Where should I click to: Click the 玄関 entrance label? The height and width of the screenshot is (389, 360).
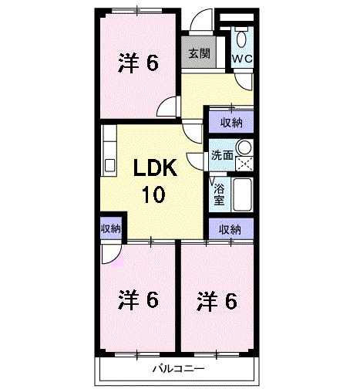click(199, 54)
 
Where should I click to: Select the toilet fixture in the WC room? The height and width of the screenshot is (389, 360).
click(243, 36)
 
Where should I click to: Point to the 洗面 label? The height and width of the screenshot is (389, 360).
click(222, 154)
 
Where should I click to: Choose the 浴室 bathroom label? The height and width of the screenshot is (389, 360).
click(219, 192)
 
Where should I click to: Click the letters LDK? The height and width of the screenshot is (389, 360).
click(158, 168)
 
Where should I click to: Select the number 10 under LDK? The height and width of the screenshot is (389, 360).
click(152, 195)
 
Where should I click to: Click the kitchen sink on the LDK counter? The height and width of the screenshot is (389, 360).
click(109, 164)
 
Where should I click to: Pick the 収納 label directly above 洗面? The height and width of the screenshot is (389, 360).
click(230, 122)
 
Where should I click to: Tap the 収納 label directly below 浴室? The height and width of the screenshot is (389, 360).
click(230, 228)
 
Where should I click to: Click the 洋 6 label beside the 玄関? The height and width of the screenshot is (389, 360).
click(139, 63)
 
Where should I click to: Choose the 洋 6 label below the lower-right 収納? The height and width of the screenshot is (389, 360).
click(215, 299)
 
